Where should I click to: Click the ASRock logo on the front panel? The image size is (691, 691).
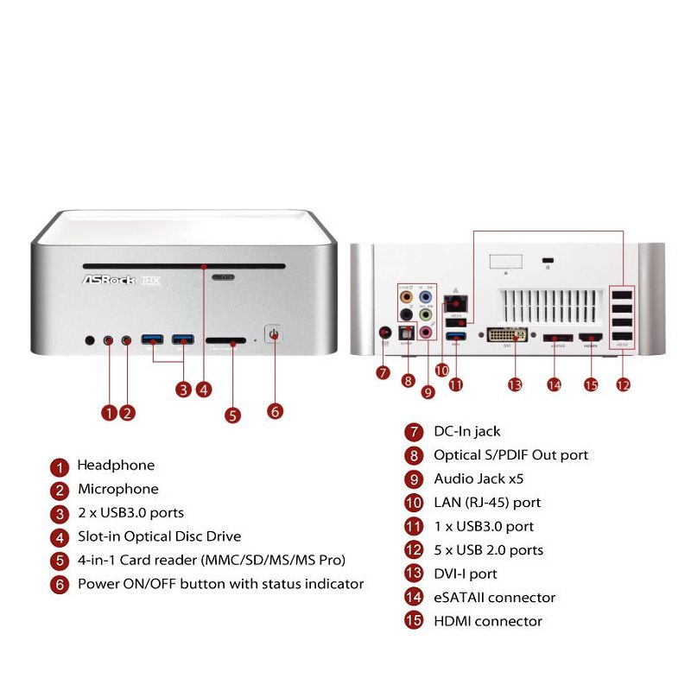tap(109, 281)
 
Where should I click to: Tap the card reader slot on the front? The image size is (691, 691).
tap(225, 341)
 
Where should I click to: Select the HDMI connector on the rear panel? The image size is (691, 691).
tap(591, 339)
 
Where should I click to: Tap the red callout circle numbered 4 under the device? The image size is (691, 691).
tap(203, 389)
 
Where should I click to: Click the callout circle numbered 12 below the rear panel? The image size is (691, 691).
tap(623, 385)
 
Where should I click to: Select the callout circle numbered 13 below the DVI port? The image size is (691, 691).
tap(516, 385)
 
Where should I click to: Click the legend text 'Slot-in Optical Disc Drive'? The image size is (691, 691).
tap(159, 536)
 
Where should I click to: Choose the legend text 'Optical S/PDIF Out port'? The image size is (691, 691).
tap(511, 455)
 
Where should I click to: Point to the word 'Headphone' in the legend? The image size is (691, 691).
tap(116, 466)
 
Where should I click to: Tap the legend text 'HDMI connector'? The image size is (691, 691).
tap(488, 621)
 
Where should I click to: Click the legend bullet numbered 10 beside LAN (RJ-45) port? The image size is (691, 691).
tap(415, 503)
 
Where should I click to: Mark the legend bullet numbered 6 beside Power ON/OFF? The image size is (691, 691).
tap(59, 585)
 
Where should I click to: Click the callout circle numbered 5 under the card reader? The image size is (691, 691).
tap(232, 415)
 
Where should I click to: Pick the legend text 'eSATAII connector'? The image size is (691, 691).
tap(494, 598)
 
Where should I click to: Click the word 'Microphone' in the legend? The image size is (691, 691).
tap(118, 489)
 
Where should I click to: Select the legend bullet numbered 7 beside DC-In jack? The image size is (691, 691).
tap(415, 432)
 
